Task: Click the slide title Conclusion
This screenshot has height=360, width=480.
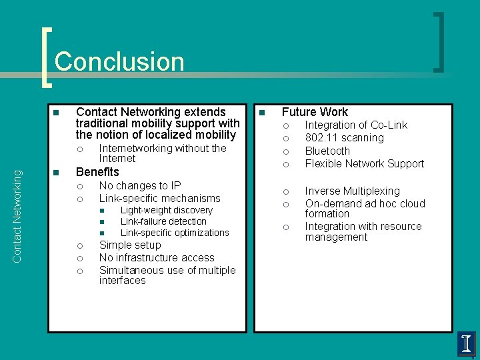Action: click(x=119, y=61)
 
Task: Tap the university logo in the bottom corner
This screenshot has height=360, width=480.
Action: click(x=467, y=344)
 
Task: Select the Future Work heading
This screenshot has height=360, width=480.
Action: click(x=315, y=112)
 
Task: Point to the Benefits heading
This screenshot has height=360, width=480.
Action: click(x=97, y=172)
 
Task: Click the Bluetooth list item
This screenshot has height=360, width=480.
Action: click(x=327, y=151)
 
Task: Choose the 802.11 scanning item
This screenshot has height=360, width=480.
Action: click(x=344, y=138)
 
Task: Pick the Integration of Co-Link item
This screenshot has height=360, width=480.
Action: click(x=356, y=125)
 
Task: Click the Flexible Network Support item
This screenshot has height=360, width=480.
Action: click(x=364, y=163)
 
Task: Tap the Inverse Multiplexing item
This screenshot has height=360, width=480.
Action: click(x=352, y=191)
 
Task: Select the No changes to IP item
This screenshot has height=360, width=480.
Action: click(x=140, y=185)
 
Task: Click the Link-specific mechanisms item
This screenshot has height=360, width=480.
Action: click(x=159, y=198)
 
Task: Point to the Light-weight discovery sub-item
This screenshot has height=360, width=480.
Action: click(x=167, y=210)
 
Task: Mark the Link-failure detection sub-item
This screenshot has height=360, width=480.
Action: click(x=163, y=221)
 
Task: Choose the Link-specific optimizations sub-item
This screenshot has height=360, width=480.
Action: click(x=175, y=233)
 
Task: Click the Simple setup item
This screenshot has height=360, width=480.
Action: click(x=130, y=245)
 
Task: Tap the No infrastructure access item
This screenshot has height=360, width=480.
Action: click(x=157, y=258)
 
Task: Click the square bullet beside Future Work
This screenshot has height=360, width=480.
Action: click(x=263, y=113)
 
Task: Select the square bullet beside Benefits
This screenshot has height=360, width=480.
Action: click(x=57, y=173)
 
